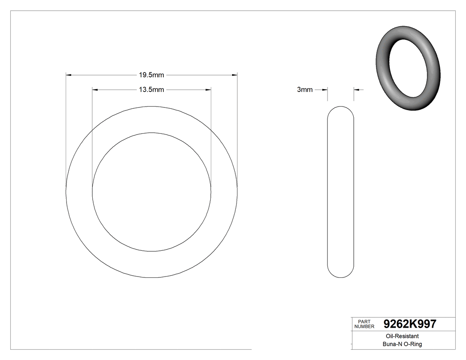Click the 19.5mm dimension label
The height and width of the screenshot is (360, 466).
(x=151, y=75)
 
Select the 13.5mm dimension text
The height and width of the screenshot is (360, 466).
(x=151, y=90)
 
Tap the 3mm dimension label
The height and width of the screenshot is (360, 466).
(x=304, y=90)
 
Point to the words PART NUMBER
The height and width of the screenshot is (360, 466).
(x=363, y=324)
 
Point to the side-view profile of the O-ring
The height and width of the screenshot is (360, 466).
(x=340, y=192)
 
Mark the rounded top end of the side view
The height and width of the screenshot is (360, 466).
(x=340, y=108)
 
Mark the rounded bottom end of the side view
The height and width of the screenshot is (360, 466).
(x=340, y=276)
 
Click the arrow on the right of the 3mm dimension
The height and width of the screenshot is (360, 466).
(x=356, y=90)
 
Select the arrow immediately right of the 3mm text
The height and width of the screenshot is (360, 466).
(x=324, y=90)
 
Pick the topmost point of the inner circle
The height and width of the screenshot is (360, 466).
(x=151, y=133)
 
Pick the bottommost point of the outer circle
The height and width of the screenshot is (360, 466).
(x=151, y=277)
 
